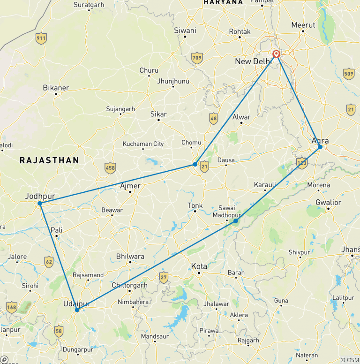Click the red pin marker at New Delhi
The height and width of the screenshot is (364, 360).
[x=277, y=54]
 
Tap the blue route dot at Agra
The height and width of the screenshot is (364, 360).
[x=320, y=147]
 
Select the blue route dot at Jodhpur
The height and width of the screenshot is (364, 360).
[x=40, y=203]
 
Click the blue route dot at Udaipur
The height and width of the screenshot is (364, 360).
[x=77, y=310]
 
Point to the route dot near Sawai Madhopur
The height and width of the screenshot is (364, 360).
[x=236, y=220]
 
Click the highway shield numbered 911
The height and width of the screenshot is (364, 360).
[x=42, y=39]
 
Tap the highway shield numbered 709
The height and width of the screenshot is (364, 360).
[x=197, y=59]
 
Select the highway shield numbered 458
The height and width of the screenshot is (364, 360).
[x=110, y=167]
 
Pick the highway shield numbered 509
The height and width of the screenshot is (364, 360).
[x=348, y=74]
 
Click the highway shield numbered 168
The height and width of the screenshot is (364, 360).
[x=12, y=308]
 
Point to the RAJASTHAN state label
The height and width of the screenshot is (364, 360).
[x=49, y=160]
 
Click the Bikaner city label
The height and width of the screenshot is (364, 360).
[x=56, y=88]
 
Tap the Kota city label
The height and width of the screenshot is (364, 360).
[x=199, y=266]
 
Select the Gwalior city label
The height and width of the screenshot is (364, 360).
[x=329, y=203]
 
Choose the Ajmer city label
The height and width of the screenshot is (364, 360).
[x=130, y=186]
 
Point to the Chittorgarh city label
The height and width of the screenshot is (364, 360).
[x=129, y=285]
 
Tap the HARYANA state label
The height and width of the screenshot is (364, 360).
[x=223, y=2]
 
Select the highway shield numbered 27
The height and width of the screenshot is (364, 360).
[x=163, y=277]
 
